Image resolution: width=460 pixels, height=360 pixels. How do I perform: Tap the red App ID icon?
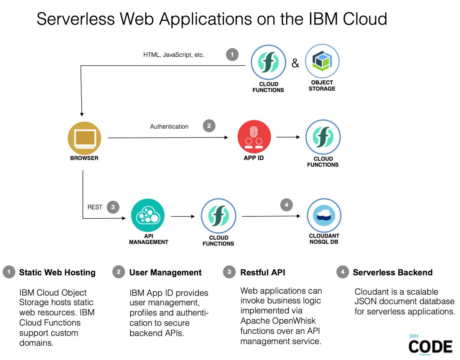(254, 136)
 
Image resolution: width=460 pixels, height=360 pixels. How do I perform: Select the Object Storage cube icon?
(322, 61)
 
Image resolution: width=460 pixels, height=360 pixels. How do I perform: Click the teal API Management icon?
(148, 216)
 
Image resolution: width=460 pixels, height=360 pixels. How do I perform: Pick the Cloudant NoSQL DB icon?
(324, 216)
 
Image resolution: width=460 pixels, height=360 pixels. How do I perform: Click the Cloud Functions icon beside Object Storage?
(268, 61)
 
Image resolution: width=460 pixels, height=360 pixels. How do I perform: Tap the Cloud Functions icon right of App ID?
(323, 137)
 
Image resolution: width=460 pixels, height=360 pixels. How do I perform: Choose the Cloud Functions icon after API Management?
(219, 216)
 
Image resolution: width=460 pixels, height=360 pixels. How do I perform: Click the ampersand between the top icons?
(295, 63)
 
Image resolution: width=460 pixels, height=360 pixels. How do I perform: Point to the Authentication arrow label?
(169, 126)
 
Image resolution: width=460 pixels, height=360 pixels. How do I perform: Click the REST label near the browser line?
(95, 207)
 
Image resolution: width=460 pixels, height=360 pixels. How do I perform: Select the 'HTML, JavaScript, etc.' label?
(174, 55)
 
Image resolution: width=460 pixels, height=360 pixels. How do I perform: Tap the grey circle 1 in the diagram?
(232, 55)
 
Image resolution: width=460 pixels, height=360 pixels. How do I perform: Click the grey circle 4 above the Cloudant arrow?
(286, 205)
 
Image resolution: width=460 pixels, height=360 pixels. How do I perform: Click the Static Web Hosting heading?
(57, 273)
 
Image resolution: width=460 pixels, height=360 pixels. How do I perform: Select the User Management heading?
(165, 273)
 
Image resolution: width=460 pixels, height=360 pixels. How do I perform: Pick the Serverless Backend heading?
(393, 273)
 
